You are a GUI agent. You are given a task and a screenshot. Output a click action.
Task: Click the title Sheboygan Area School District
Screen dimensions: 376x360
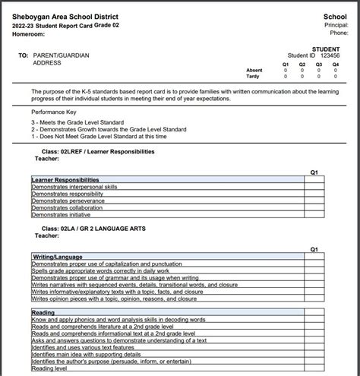coord(65,17)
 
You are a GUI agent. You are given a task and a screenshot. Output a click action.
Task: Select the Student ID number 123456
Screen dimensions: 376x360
coord(330,55)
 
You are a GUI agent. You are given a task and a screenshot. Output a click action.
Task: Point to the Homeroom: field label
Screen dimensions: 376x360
coord(28,34)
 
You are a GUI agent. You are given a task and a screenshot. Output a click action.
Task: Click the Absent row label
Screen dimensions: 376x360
coord(254,71)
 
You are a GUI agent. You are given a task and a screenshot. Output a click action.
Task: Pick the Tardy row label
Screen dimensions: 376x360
coord(254,77)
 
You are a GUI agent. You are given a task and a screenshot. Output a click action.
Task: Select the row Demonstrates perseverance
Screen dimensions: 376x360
coord(68,201)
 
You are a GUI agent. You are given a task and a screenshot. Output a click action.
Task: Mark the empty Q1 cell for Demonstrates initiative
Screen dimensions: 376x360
coord(314,215)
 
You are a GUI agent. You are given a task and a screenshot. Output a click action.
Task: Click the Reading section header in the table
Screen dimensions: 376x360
coord(44,312)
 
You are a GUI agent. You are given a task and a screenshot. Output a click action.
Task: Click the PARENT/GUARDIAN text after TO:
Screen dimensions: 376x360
coord(62,55)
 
